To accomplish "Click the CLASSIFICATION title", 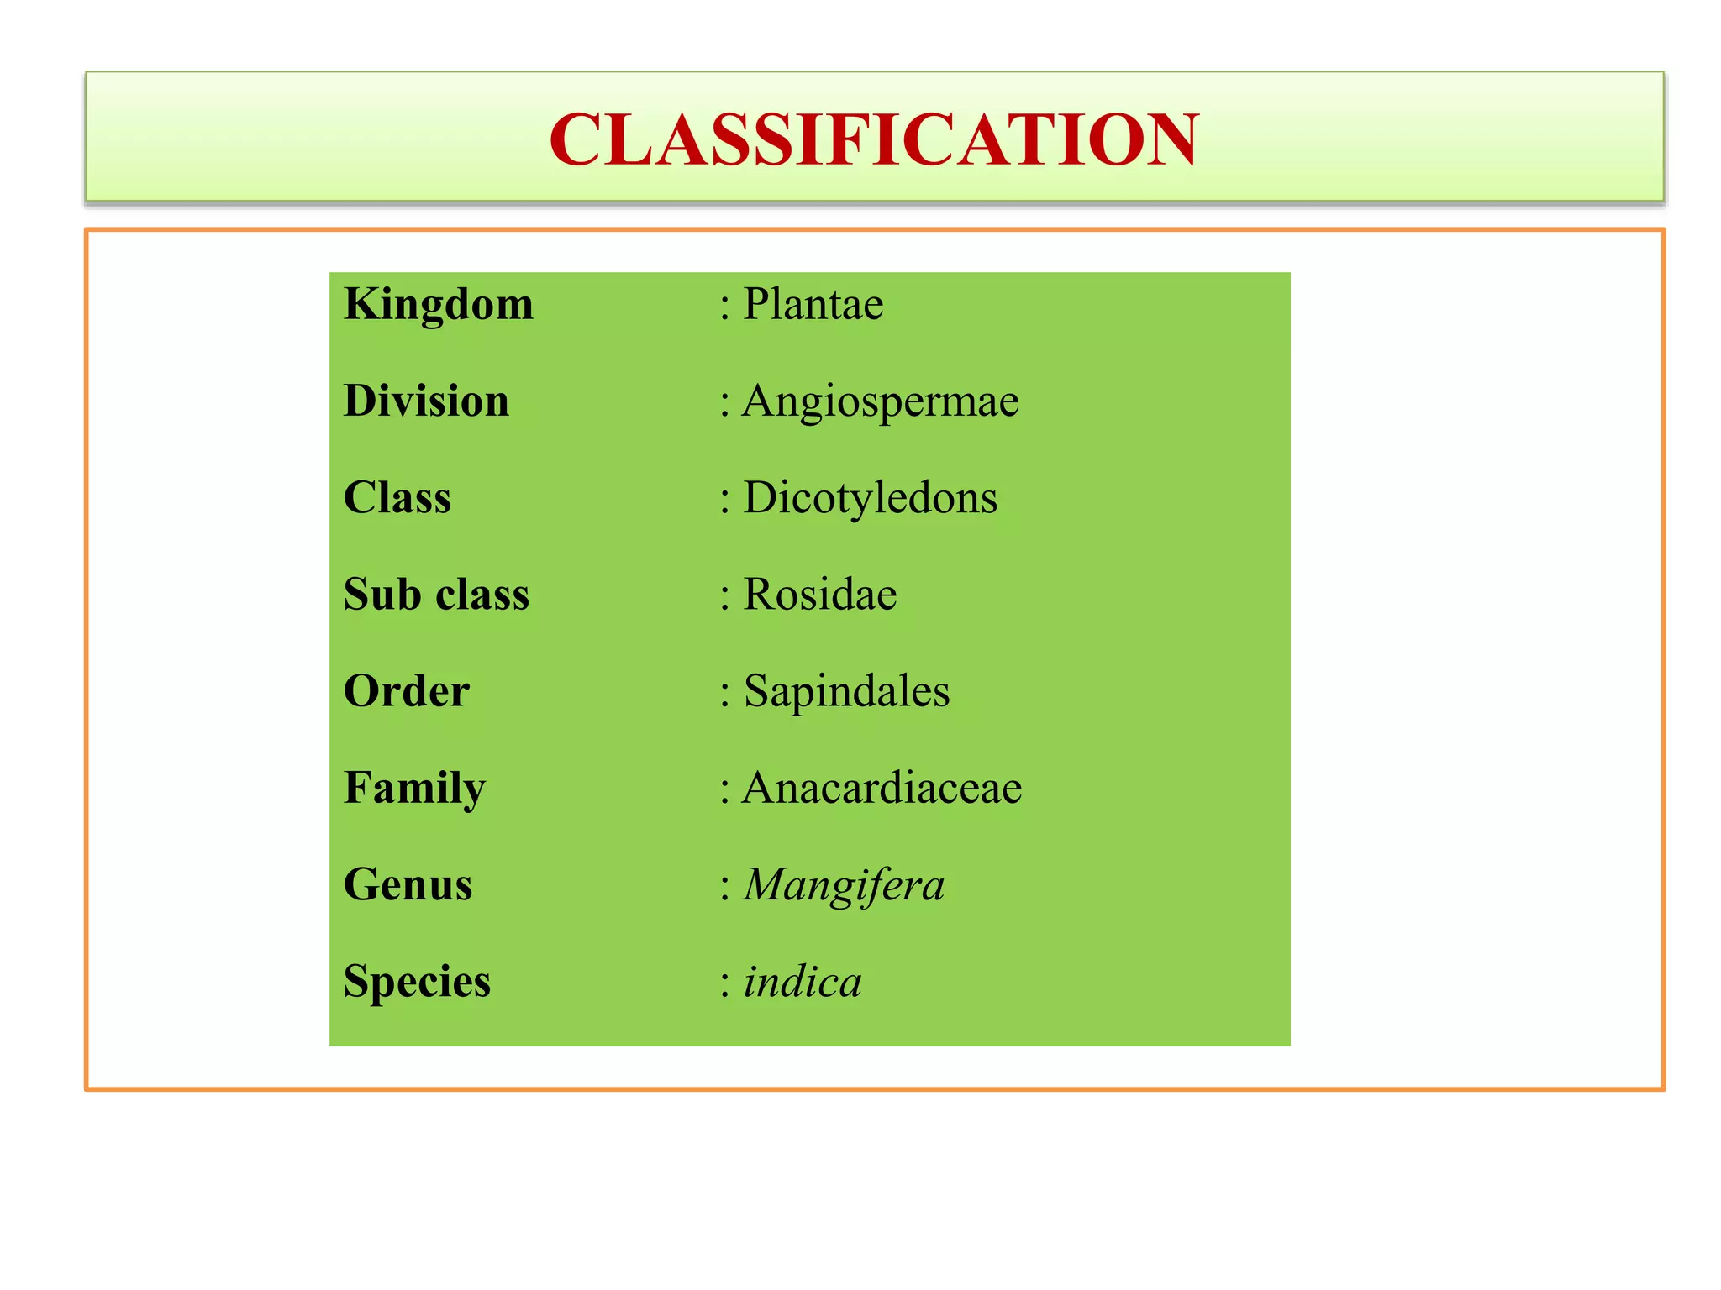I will [x=874, y=139].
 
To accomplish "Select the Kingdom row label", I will [x=439, y=305].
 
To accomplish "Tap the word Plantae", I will [x=813, y=304].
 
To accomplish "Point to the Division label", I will [x=427, y=401].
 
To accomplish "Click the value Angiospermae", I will [x=881, y=401].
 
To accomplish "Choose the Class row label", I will [x=397, y=497].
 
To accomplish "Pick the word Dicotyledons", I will [x=871, y=498].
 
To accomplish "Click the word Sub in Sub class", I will [x=382, y=594].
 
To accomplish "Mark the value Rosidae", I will [x=820, y=595].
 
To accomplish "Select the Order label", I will [x=407, y=691].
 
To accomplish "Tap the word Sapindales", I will [x=847, y=692].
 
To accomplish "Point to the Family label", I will [x=415, y=789].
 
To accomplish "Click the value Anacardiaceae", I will [x=882, y=788].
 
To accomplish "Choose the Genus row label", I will [x=408, y=885].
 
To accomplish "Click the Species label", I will [x=418, y=982].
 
